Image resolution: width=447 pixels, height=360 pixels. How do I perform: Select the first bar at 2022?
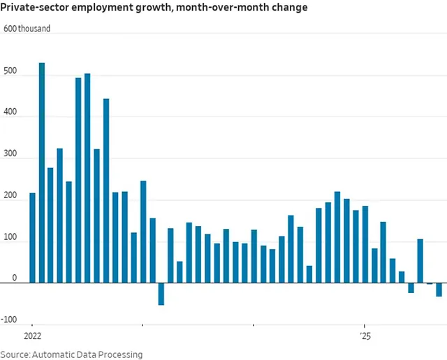point(32,237)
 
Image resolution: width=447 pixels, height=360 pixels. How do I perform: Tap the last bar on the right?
point(439,290)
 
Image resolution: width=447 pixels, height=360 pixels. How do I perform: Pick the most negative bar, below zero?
point(161,294)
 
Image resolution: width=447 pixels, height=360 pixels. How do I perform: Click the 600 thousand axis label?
point(27,29)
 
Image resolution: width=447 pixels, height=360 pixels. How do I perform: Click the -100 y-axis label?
point(10,320)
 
